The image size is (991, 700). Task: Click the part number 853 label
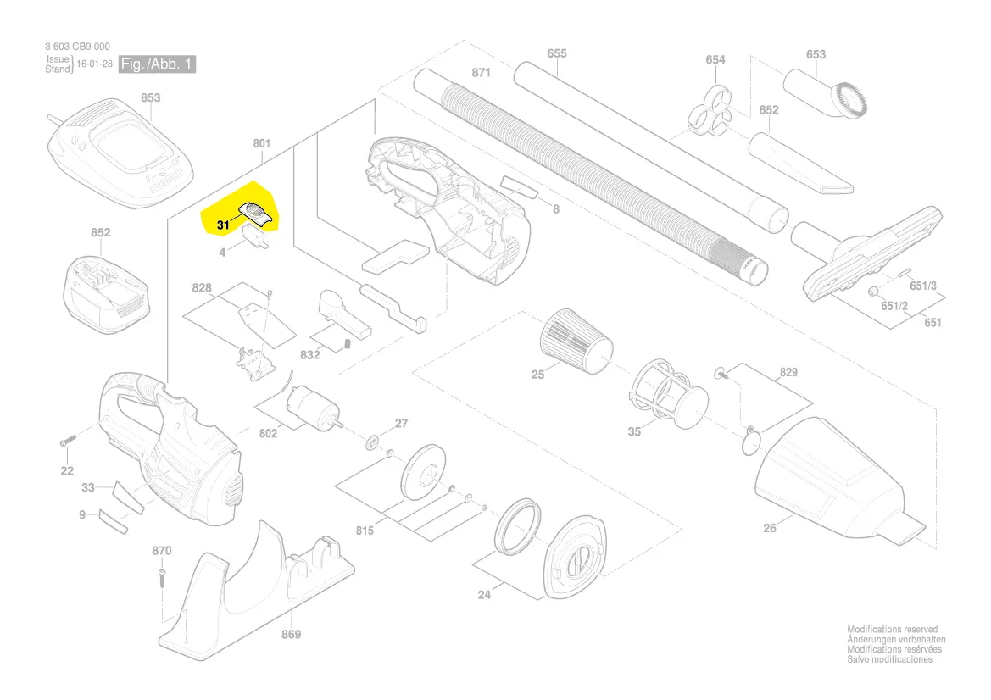[150, 98]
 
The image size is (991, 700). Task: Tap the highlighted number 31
[223, 225]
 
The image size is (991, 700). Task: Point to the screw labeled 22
[68, 442]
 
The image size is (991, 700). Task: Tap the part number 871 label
[481, 73]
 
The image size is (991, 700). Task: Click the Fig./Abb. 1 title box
[157, 64]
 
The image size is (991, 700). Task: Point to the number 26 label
[769, 529]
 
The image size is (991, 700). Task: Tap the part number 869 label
[291, 634]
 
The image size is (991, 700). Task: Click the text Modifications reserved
[893, 631]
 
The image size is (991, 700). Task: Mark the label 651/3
[922, 286]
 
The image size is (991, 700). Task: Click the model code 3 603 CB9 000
[77, 47]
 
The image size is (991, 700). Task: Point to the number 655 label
[556, 54]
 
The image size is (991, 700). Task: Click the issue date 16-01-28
[94, 64]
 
